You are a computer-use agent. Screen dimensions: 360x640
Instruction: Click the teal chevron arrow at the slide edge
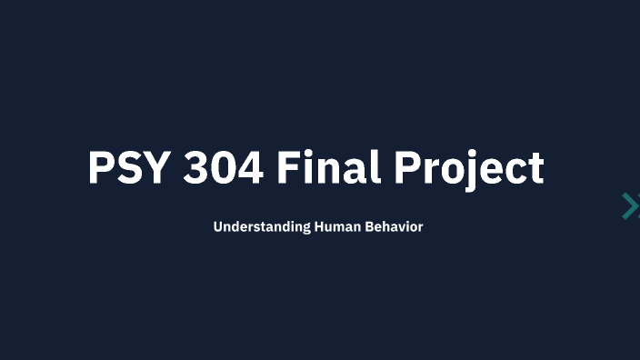point(630,206)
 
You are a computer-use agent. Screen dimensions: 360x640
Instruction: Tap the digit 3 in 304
point(197,168)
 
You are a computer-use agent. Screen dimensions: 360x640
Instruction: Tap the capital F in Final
point(289,168)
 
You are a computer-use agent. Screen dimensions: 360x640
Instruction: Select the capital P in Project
point(407,168)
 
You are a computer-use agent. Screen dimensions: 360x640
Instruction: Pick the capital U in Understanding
point(218,226)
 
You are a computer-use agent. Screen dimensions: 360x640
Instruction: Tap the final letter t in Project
point(535,170)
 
